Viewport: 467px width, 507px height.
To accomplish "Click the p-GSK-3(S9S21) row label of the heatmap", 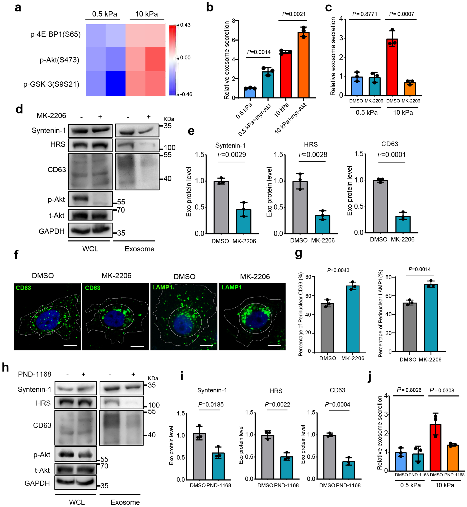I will (x=51, y=84).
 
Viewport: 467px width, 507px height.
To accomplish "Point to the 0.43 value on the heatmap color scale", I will (x=185, y=25).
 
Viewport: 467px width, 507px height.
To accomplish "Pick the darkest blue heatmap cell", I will (x=115, y=84).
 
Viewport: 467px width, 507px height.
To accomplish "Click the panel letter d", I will (x=19, y=109).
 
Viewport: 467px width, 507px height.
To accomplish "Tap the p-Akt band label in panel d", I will (x=56, y=199).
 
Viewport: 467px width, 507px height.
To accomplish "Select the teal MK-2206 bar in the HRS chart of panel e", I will (x=322, y=224).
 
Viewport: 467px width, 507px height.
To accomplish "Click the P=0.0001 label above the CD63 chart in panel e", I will (x=391, y=155).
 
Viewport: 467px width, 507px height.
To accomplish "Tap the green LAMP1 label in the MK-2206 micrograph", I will (x=231, y=287).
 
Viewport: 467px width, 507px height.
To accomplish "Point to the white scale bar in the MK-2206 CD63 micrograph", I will (x=137, y=346).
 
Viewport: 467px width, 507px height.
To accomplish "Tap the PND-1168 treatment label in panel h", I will (x=34, y=374).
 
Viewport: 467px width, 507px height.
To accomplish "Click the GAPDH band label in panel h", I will (x=37, y=483).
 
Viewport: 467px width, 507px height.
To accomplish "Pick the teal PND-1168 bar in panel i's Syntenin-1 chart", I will (x=218, y=466).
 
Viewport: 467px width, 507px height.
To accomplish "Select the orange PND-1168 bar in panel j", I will (x=452, y=458).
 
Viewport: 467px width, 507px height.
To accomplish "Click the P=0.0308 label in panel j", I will (x=442, y=390).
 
